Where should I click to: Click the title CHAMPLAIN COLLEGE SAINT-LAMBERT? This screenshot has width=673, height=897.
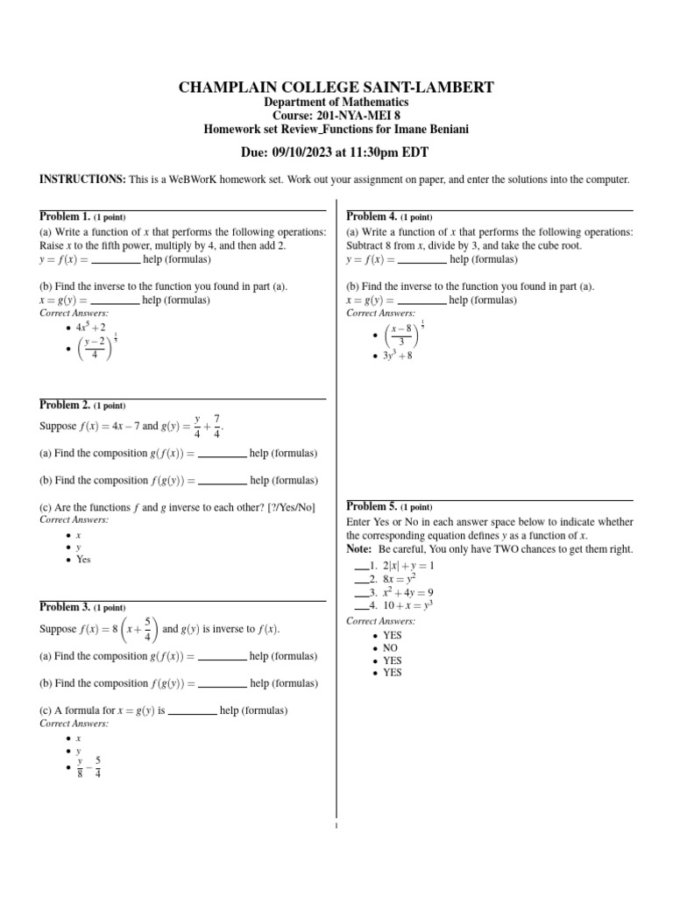tap(336, 87)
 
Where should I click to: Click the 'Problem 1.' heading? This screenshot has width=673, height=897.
tap(66, 216)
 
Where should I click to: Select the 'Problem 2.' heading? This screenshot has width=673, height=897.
tap(66, 405)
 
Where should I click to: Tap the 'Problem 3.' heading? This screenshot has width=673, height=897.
tap(66, 607)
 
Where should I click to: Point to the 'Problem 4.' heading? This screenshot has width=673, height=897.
tap(372, 216)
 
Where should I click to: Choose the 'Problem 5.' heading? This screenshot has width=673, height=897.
tap(372, 506)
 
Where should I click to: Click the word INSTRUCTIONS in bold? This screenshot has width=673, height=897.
tap(82, 180)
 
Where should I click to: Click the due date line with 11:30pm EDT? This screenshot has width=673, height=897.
tap(336, 152)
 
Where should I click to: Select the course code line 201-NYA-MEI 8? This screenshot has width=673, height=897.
tap(336, 116)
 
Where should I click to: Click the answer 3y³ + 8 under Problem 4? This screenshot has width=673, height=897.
tap(397, 357)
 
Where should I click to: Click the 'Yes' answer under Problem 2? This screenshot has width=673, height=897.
tap(83, 559)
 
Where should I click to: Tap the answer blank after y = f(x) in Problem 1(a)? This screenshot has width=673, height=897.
tap(116, 260)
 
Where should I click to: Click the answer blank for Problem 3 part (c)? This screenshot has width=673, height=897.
tap(192, 710)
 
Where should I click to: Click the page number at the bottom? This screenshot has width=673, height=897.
tap(336, 823)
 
